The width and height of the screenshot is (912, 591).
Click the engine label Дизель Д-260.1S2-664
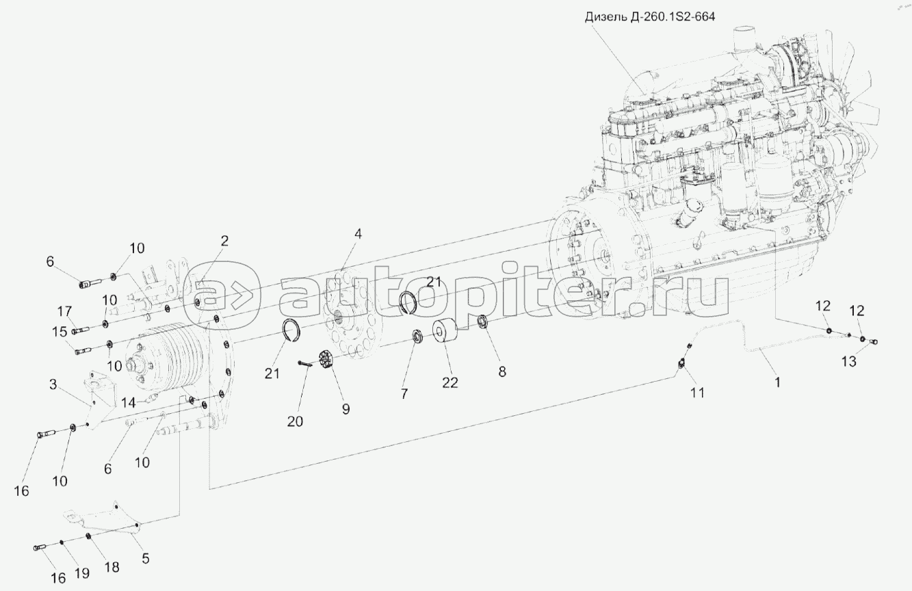tap(648, 16)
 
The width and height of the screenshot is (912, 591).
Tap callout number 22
tap(450, 382)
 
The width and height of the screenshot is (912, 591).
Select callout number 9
tap(346, 409)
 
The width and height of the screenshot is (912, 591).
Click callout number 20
tap(295, 422)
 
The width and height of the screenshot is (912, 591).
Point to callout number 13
tap(848, 363)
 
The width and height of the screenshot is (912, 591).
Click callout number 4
tap(358, 234)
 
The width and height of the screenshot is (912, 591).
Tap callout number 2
tap(224, 241)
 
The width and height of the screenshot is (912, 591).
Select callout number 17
tap(65, 311)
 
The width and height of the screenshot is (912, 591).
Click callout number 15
tap(61, 331)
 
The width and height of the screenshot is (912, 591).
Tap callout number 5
tap(145, 558)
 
